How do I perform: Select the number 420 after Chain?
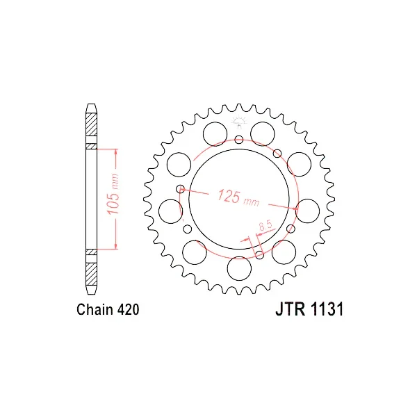coord(128,309)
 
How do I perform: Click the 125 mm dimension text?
coord(238,198)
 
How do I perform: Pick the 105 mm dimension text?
coord(113,194)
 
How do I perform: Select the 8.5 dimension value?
coord(265,225)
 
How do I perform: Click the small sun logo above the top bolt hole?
coord(239,122)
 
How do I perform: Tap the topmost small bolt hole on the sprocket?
coord(239,140)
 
